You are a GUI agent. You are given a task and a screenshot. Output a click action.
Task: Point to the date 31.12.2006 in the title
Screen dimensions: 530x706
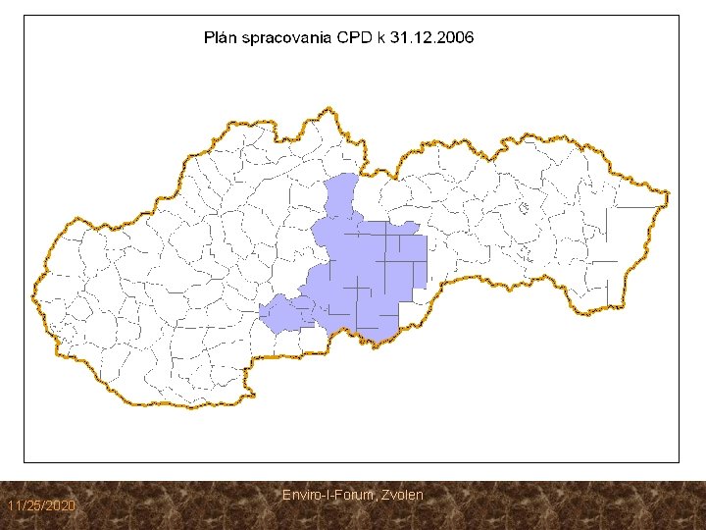[x=432, y=38]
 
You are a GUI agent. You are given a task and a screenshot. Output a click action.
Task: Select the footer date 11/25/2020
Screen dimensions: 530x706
[x=40, y=504]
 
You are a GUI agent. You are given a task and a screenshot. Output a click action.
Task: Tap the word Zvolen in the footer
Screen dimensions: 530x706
[x=400, y=495]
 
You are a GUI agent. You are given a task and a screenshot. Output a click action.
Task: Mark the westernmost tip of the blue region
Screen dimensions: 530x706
[x=260, y=312]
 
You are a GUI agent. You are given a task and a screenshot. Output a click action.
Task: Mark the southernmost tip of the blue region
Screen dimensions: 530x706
[x=377, y=343]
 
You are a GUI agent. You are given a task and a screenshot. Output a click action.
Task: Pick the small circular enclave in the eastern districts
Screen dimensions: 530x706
[x=524, y=208]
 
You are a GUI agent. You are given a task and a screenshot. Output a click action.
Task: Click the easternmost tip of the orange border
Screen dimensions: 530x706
[x=669, y=192]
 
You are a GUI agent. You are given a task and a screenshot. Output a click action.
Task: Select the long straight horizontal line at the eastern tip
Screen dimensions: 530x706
[x=636, y=207]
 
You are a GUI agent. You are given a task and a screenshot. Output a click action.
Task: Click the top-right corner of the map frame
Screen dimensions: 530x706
[x=679, y=15]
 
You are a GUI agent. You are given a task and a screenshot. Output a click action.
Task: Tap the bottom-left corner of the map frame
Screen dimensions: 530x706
[x=25, y=461]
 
